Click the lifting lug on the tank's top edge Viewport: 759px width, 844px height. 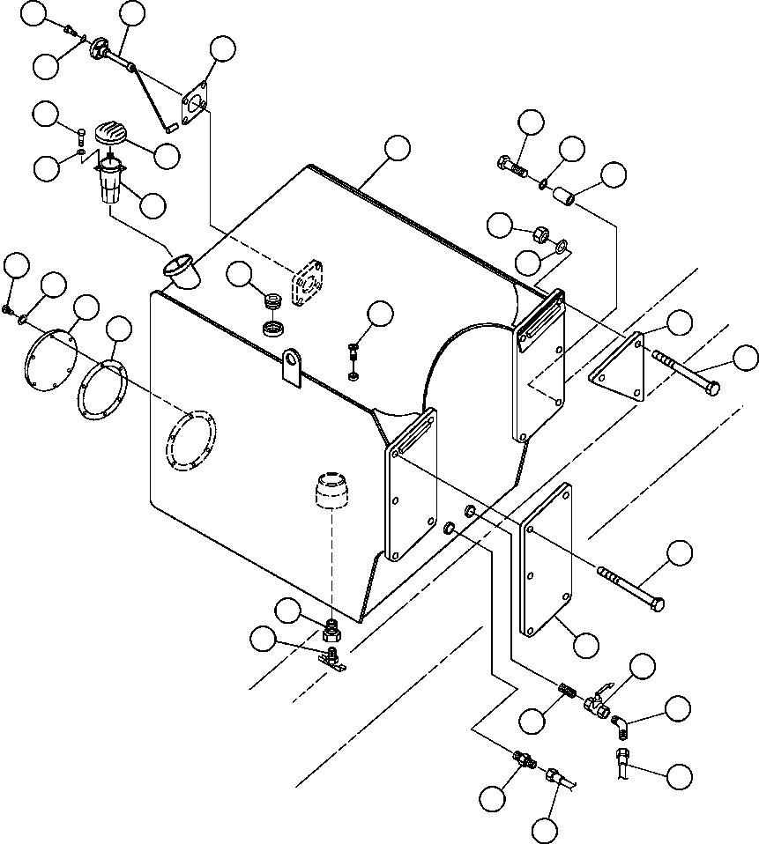tap(293, 366)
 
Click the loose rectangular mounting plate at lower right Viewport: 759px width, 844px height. tap(546, 559)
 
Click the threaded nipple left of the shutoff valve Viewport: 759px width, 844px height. tap(569, 692)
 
